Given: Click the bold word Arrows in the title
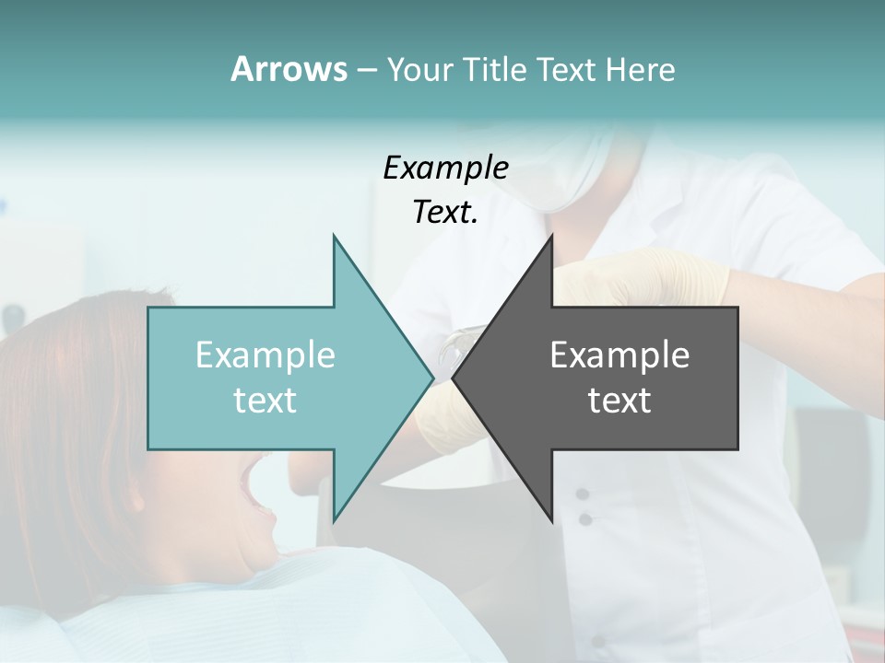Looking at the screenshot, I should point(289,69).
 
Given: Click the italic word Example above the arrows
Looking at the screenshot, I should point(445,168).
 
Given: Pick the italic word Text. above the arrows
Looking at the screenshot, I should point(445,212).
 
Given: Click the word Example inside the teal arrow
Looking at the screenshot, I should point(265,355).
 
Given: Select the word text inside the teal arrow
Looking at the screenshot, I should point(265,400).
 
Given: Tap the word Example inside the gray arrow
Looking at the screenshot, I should point(619,355).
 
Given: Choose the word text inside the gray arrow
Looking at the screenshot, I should point(619,400).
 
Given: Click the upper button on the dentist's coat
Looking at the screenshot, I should point(583,494).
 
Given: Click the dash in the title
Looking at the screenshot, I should point(366,70).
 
